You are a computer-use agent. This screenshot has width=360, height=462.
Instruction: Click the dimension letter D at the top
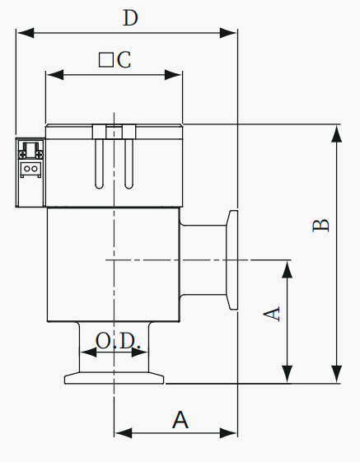[130, 18]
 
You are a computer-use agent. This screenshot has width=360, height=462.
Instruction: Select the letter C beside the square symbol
[124, 60]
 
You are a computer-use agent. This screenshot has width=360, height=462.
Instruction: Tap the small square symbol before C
[105, 60]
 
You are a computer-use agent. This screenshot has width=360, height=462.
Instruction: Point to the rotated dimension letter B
[320, 226]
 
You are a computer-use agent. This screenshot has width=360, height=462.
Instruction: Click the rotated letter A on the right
[272, 314]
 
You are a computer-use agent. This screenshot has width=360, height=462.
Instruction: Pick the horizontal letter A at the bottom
[180, 420]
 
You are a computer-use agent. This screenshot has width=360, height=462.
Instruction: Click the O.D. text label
[118, 341]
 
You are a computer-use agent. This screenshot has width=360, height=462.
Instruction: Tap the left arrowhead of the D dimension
[25, 33]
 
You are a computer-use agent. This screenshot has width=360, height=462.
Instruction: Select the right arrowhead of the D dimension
[228, 33]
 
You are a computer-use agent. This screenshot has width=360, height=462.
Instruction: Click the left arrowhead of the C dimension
[55, 75]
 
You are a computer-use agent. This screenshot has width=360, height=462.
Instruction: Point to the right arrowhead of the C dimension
[173, 75]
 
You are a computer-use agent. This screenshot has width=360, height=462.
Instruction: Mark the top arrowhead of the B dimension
[337, 133]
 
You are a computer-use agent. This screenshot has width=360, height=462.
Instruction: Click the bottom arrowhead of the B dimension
[337, 374]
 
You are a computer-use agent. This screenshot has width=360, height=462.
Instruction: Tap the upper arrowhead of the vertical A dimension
[288, 269]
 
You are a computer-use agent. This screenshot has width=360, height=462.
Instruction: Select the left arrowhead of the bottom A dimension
[124, 433]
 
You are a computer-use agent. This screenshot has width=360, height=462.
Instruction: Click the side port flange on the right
[232, 260]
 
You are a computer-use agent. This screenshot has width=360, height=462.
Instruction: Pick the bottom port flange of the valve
[115, 378]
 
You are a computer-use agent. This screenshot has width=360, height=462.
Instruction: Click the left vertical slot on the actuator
[100, 164]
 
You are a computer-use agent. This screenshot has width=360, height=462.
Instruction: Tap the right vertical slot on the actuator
[129, 164]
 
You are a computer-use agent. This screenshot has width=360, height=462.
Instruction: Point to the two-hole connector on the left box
[30, 169]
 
